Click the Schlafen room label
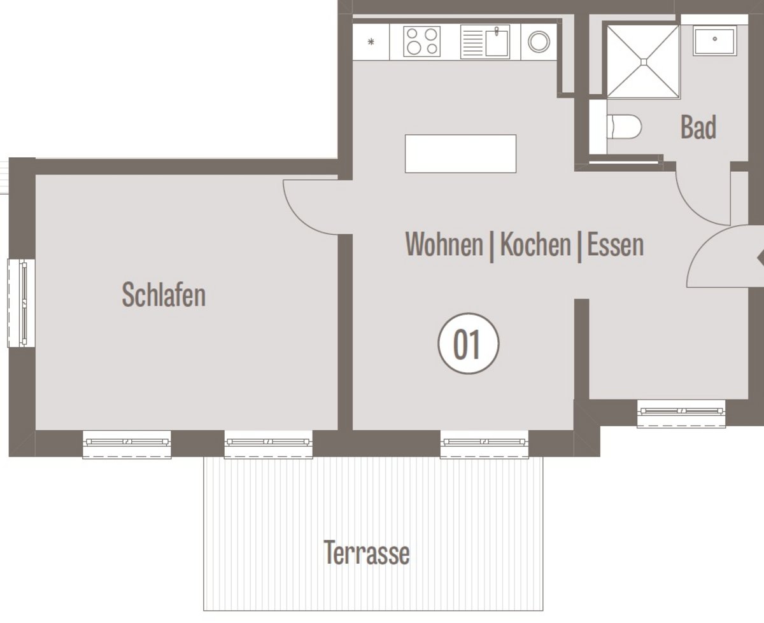click(164, 295)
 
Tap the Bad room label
click(698, 127)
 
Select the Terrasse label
click(367, 553)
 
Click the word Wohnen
click(444, 244)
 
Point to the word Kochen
click(535, 244)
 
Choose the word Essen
click(616, 245)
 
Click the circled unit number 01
click(469, 344)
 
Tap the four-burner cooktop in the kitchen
click(422, 41)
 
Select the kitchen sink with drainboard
click(485, 41)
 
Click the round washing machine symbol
click(539, 41)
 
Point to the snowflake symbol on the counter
click(371, 41)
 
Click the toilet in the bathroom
click(624, 127)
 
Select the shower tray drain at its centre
click(644, 62)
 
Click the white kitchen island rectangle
click(460, 154)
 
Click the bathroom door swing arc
click(693, 210)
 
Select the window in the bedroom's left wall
click(22, 304)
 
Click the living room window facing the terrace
click(485, 444)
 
